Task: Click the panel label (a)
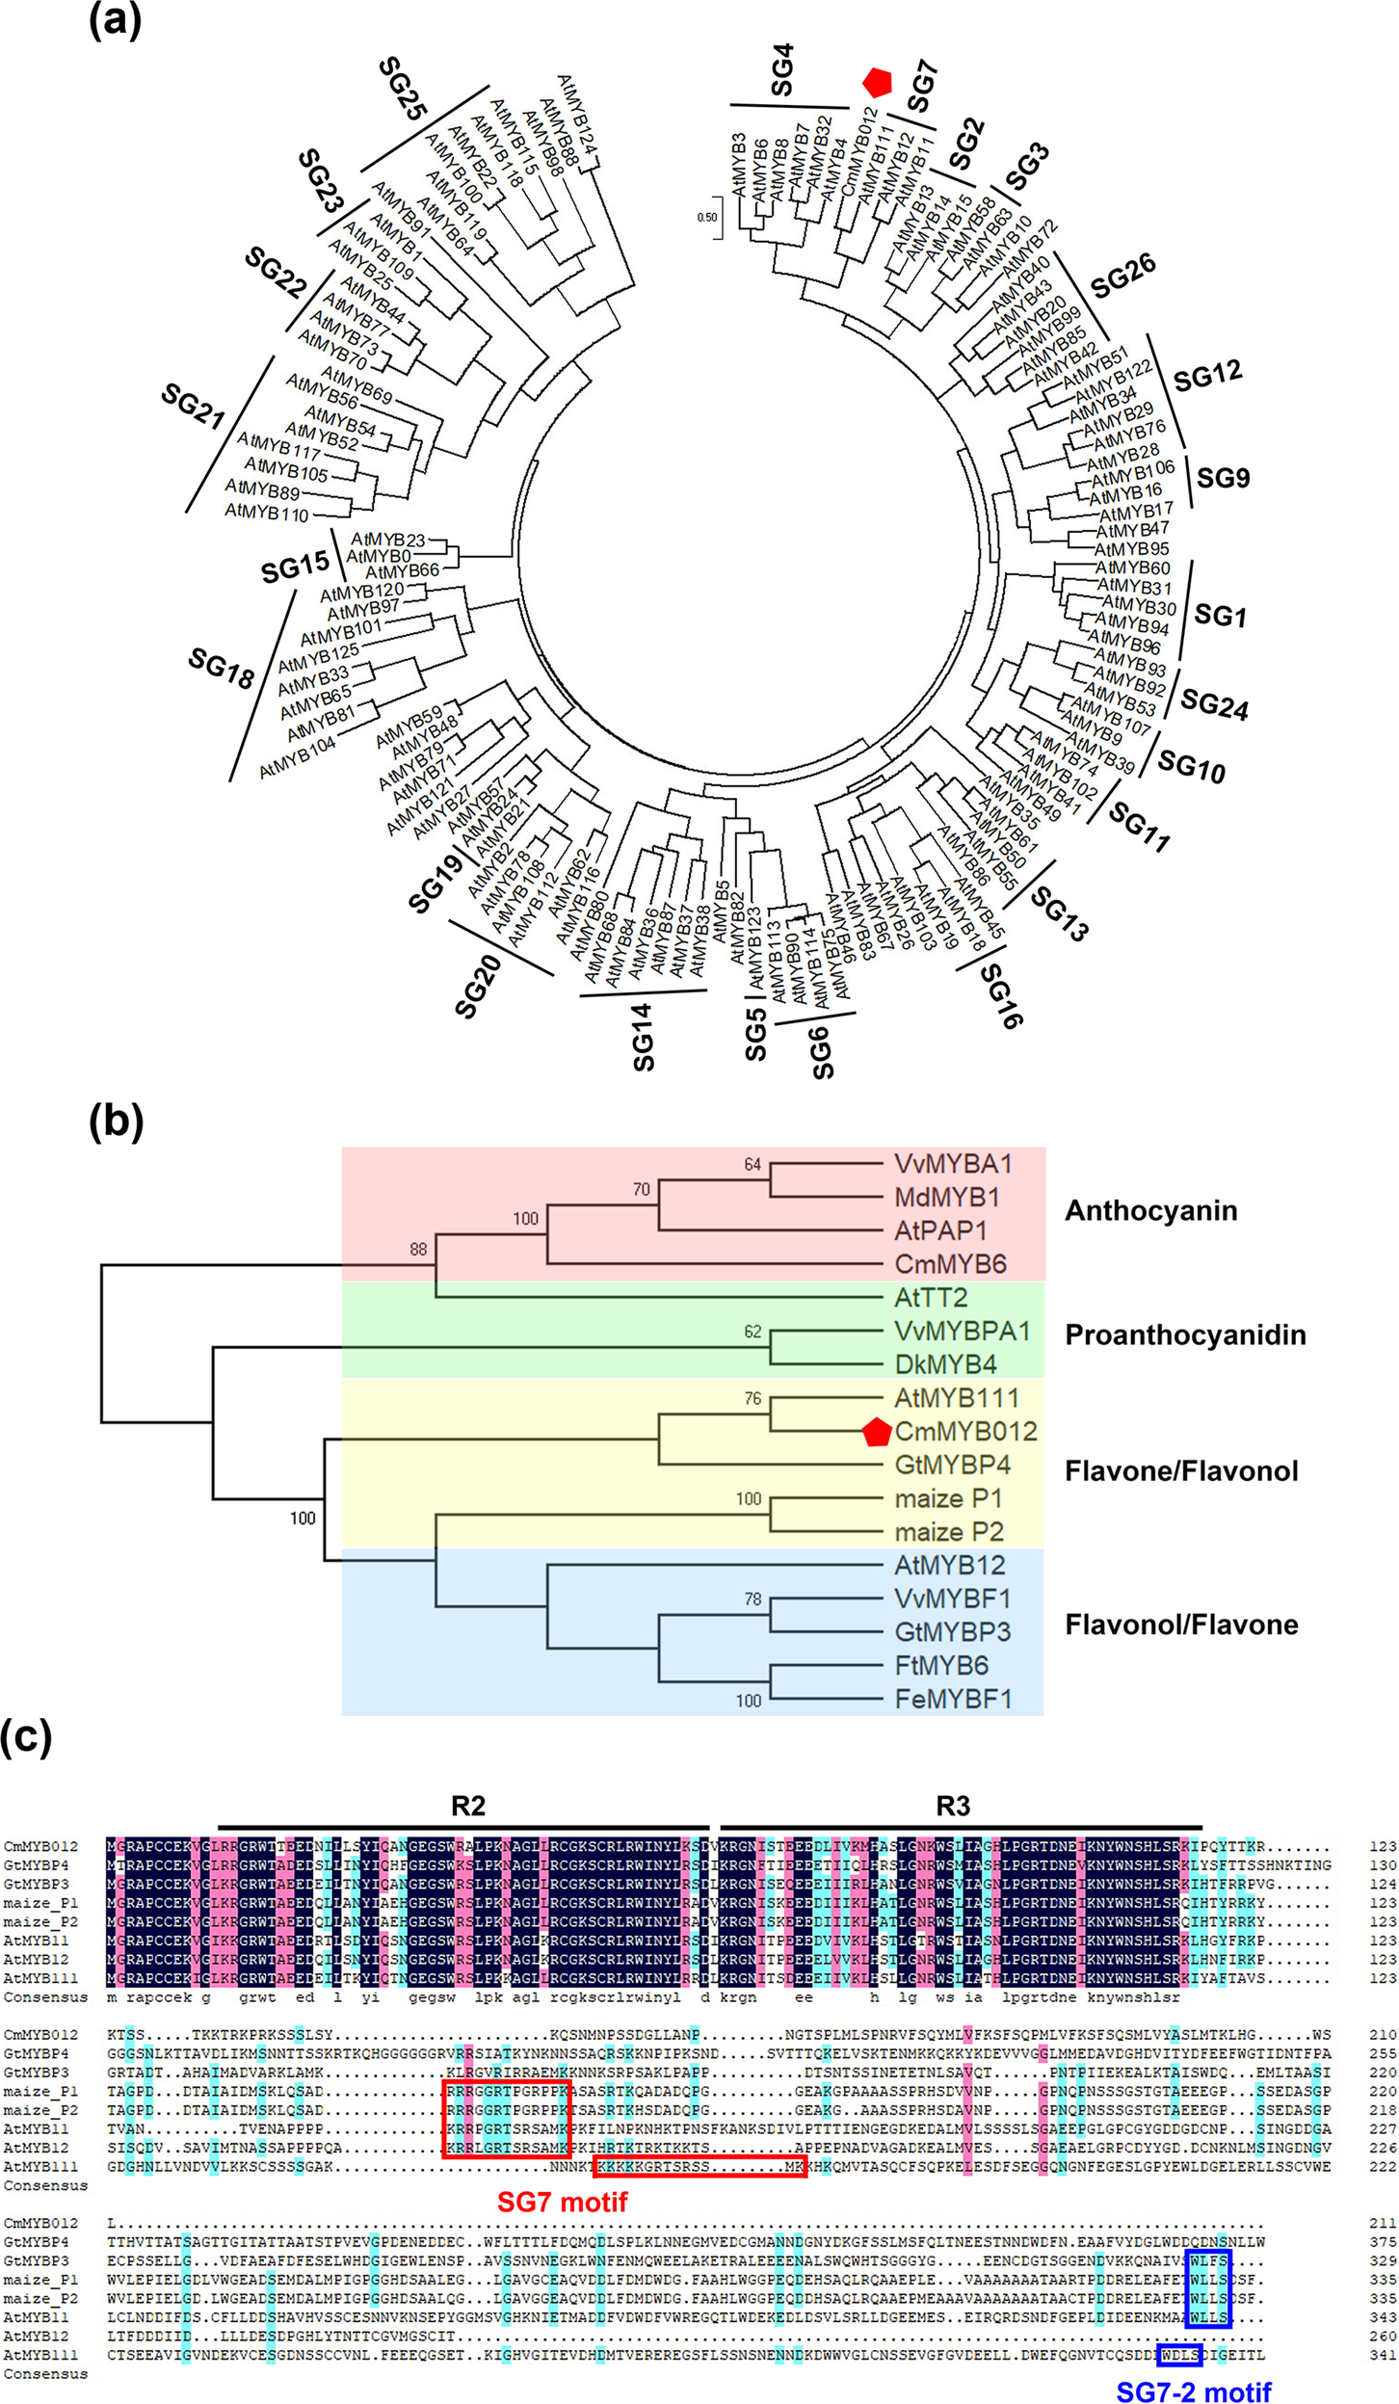[115, 21]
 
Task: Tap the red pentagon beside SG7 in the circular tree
[877, 83]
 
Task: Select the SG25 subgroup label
[402, 90]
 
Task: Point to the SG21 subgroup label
[193, 406]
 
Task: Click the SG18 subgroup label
[221, 668]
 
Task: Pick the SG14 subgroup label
[643, 1037]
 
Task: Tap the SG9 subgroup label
[1223, 478]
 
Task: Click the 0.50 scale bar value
[706, 218]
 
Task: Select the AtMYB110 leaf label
[267, 513]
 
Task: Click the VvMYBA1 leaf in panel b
[953, 1164]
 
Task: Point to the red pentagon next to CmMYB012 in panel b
[876, 1432]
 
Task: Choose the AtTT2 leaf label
[931, 1298]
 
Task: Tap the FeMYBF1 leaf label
[953, 1699]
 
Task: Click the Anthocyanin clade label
[1150, 1211]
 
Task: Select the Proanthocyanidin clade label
[1185, 1335]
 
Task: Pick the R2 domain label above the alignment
[467, 1806]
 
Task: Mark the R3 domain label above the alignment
[952, 1806]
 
